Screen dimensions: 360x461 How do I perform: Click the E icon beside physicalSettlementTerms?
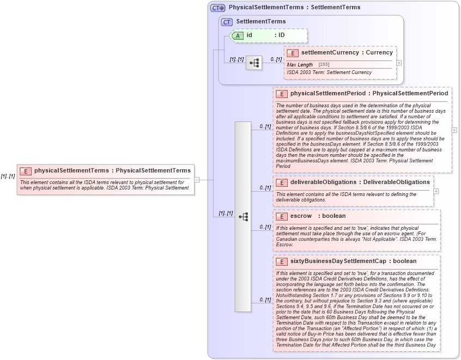pyautogui.click(x=26, y=170)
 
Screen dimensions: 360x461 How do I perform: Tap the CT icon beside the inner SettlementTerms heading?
pyautogui.click(x=227, y=21)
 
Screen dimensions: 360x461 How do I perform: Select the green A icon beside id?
pyautogui.click(x=238, y=35)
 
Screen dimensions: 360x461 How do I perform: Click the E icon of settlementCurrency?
pyautogui.click(x=293, y=53)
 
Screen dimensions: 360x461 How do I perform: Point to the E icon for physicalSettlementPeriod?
pyautogui.click(x=282, y=94)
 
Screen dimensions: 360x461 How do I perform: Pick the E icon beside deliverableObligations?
pyautogui.click(x=282, y=182)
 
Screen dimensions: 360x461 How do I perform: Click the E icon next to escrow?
pyautogui.click(x=282, y=216)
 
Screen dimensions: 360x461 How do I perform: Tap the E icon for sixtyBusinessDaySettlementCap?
pyautogui.click(x=282, y=261)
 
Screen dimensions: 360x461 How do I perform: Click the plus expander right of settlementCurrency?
pyautogui.click(x=399, y=63)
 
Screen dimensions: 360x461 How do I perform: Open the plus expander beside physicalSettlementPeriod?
pyautogui.click(x=454, y=130)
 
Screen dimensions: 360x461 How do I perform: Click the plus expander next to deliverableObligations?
pyautogui.click(x=436, y=191)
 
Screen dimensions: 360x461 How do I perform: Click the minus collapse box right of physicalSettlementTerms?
pyautogui.click(x=197, y=179)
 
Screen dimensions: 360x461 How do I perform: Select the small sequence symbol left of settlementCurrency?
pyautogui.click(x=254, y=63)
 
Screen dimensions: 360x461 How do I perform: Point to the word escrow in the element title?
pyautogui.click(x=301, y=216)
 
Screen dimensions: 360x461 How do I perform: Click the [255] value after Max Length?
pyautogui.click(x=324, y=65)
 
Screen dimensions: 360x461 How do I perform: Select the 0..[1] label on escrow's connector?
pyautogui.click(x=265, y=227)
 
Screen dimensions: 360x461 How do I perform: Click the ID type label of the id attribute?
pyautogui.click(x=281, y=35)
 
